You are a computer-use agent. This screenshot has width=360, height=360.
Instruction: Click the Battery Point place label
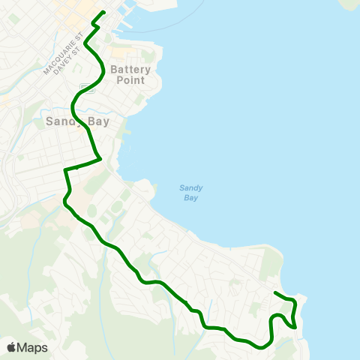point(130,74)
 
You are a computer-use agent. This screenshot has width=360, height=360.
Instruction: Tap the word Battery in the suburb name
point(130,69)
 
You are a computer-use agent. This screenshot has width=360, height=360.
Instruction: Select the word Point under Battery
point(130,79)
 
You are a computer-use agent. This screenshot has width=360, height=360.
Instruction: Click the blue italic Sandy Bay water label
point(191,193)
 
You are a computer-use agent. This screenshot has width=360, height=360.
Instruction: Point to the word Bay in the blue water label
point(191,198)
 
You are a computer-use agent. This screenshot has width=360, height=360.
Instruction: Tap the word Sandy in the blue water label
point(191,187)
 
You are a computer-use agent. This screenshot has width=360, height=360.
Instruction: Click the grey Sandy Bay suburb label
point(78,121)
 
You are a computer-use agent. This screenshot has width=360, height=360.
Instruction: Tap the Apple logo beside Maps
point(11,347)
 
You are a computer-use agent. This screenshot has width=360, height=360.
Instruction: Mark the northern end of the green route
point(103,12)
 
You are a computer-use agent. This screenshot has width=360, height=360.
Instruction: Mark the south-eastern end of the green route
point(276,292)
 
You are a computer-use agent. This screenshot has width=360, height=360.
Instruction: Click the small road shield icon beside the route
point(89,88)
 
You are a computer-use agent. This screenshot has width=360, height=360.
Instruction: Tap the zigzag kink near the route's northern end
point(94,25)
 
